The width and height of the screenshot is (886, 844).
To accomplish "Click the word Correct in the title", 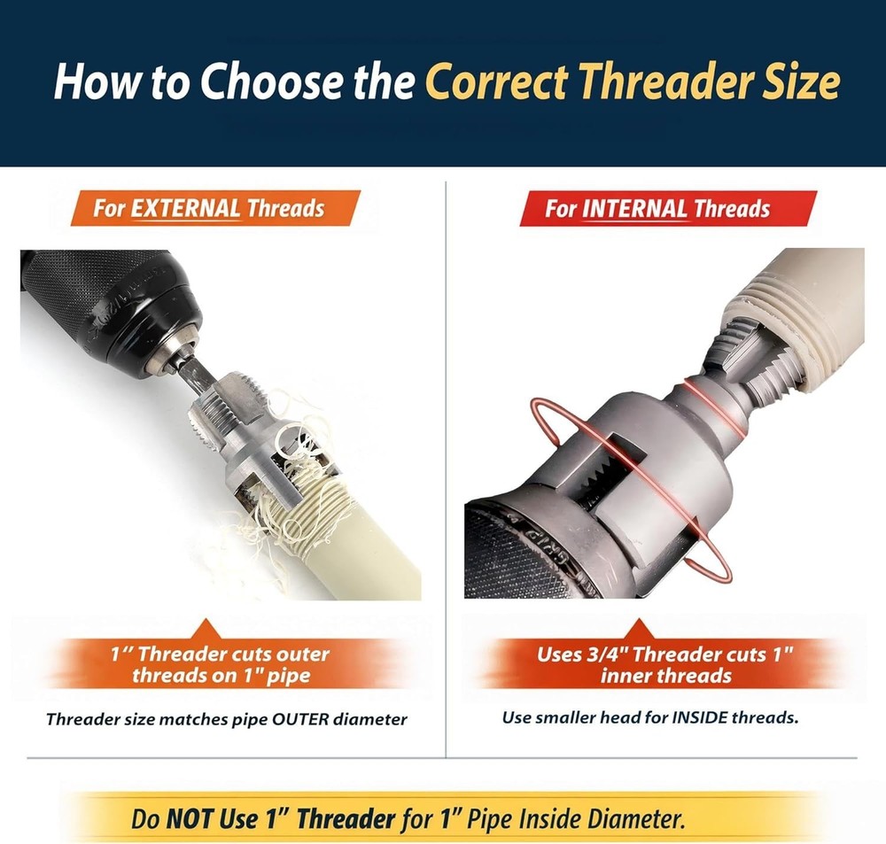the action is coord(496,81).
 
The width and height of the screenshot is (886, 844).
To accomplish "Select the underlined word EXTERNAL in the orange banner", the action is coord(186,208).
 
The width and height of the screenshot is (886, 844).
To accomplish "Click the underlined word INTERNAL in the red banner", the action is coord(634,208).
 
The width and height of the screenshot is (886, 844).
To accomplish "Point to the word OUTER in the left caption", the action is coord(300,719).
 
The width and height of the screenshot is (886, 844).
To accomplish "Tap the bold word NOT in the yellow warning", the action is coord(190,818).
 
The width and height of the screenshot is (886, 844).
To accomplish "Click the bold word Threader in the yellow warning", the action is coord(346,818).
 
